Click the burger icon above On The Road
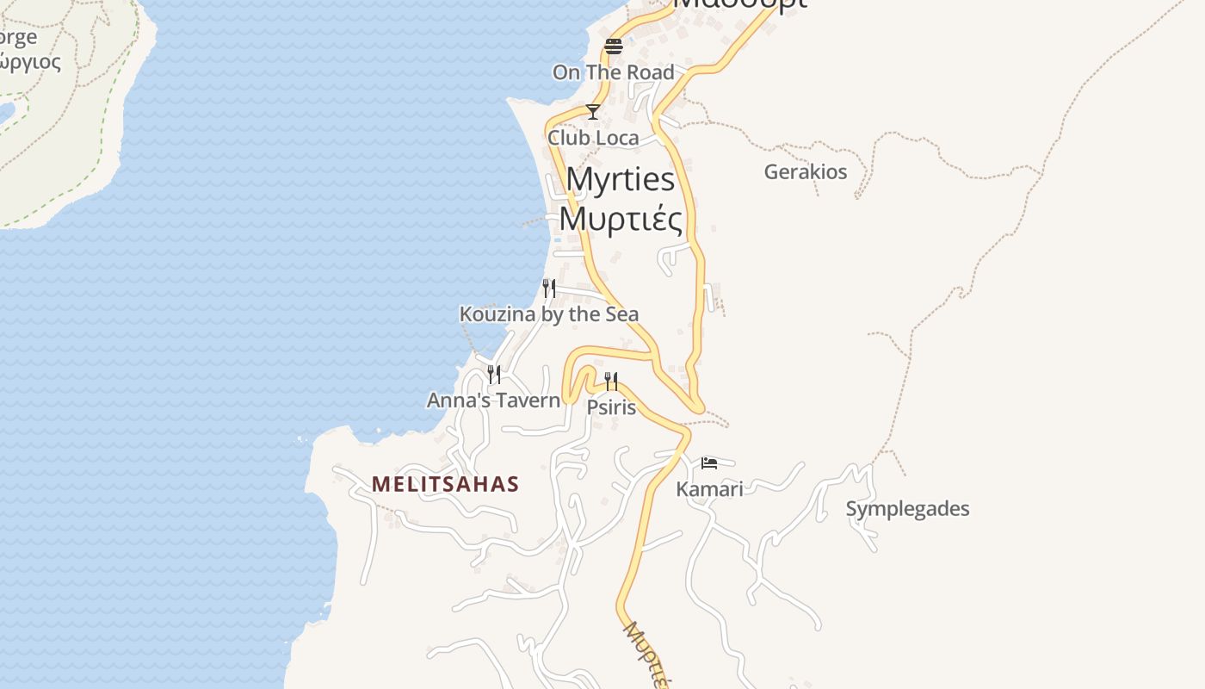point(613,47)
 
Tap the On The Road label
point(613,72)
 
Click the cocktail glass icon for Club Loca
point(592,112)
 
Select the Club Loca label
point(593,138)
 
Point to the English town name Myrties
point(621,179)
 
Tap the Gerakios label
point(806,171)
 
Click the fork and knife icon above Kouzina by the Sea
point(549,288)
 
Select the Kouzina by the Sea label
point(549,314)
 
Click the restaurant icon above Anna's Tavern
point(494,374)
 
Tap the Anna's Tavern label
point(493,400)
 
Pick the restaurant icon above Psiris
point(611,381)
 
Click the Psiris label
point(611,407)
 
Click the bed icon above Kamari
point(709,463)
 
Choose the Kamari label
point(709,489)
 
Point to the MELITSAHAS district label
point(445,484)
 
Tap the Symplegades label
point(907,508)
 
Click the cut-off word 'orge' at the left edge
point(18,38)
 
